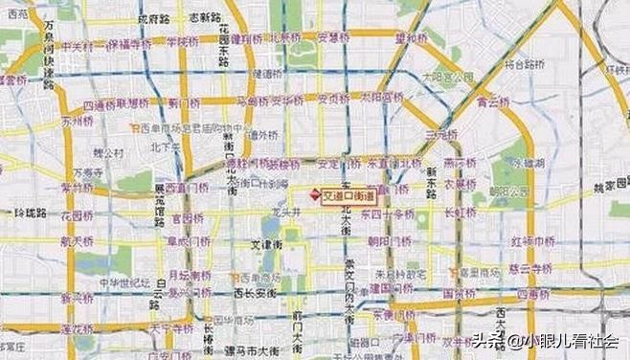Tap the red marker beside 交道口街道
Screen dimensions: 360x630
click(x=314, y=194)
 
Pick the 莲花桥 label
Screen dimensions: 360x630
click(x=77, y=328)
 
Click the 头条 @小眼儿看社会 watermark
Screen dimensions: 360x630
click(x=555, y=339)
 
